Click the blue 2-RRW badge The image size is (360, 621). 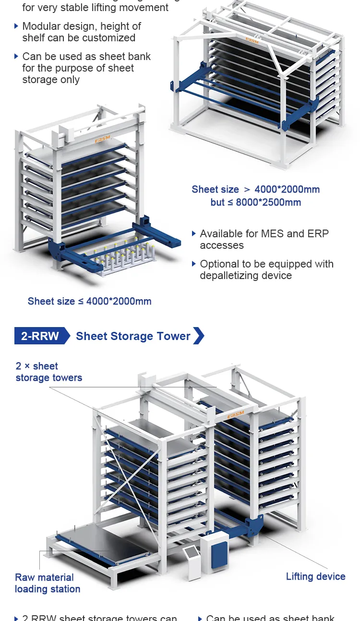pyautogui.click(x=40, y=336)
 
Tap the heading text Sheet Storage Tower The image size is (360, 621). pyautogui.click(x=133, y=336)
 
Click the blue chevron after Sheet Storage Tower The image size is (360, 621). pyautogui.click(x=199, y=336)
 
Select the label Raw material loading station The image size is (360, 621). pyautogui.click(x=47, y=583)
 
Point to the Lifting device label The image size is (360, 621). pyautogui.click(x=315, y=576)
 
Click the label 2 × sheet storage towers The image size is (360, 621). pyautogui.click(x=48, y=372)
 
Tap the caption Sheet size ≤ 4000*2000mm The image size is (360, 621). pyautogui.click(x=89, y=301)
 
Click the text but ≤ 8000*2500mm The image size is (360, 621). pyautogui.click(x=255, y=202)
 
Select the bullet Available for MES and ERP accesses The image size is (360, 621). pyautogui.click(x=264, y=239)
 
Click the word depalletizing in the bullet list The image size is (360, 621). pyautogui.click(x=226, y=276)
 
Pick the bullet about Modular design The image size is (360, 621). pyautogui.click(x=82, y=32)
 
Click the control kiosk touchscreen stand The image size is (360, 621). pyautogui.click(x=192, y=560)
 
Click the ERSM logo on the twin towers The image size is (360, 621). pyautogui.click(x=235, y=414)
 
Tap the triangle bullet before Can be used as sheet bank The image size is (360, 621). pyautogui.click(x=17, y=56)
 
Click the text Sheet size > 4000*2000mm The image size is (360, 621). pyautogui.click(x=255, y=189)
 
